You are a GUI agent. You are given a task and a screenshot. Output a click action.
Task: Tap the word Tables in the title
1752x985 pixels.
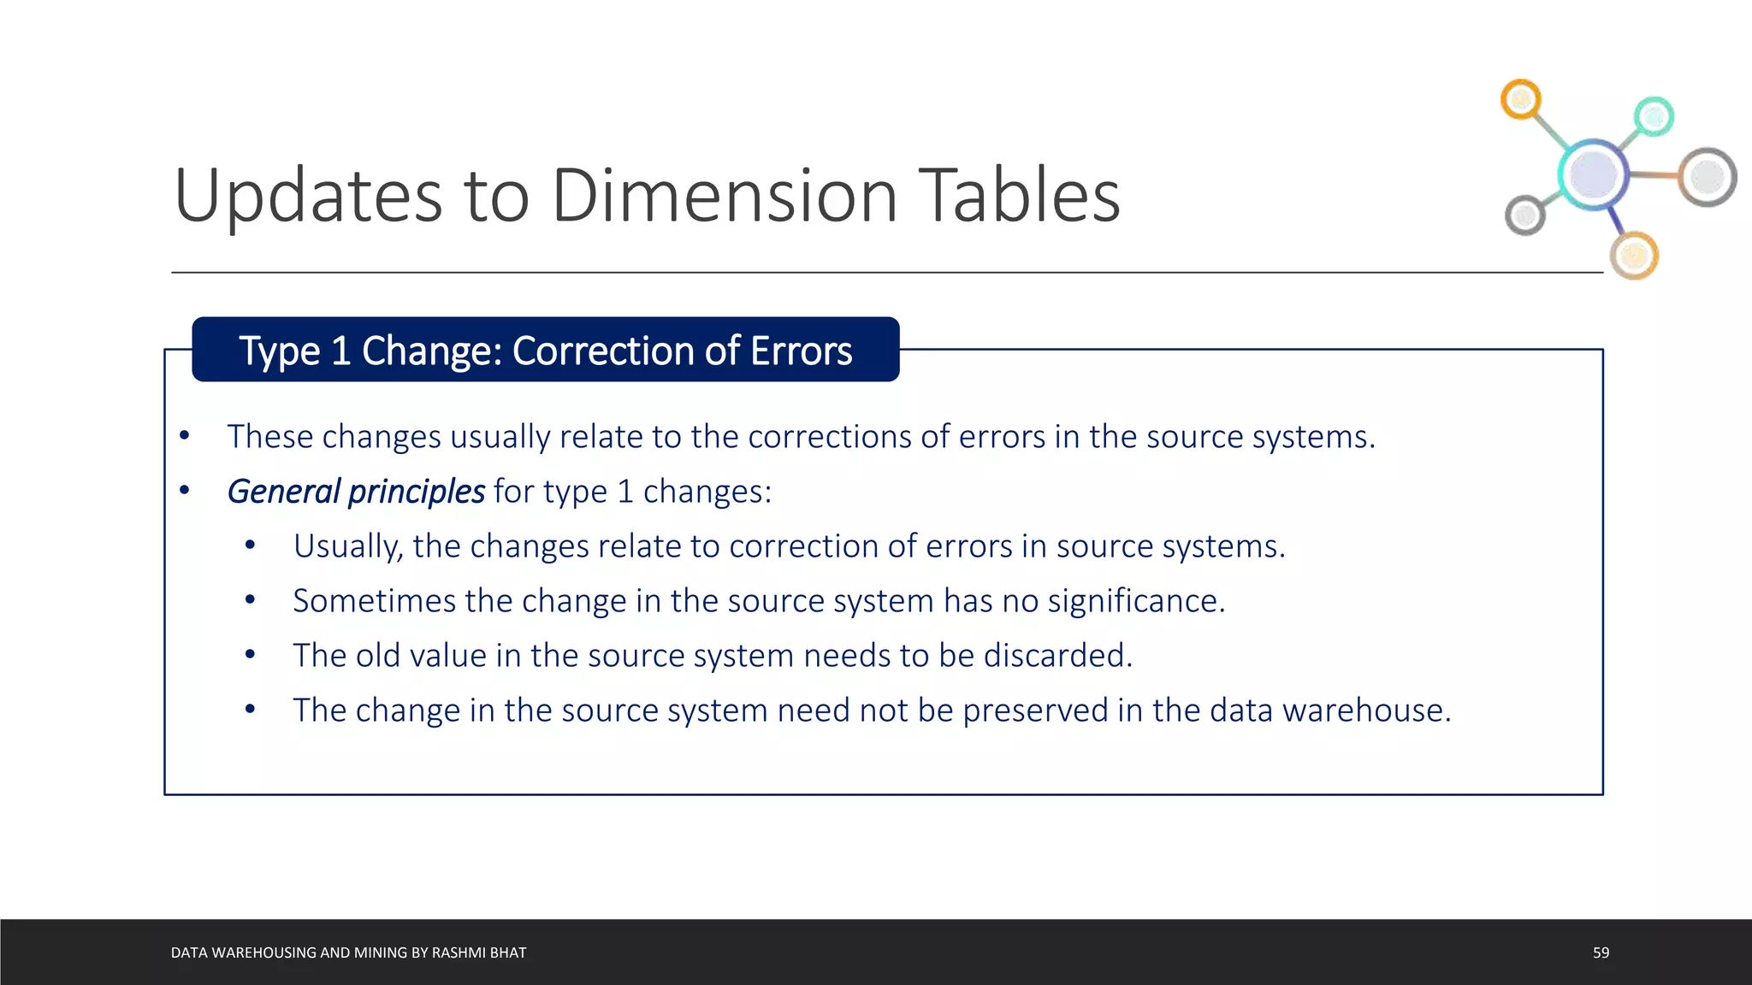1019,196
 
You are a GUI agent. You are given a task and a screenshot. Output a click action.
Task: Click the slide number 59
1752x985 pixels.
1601,953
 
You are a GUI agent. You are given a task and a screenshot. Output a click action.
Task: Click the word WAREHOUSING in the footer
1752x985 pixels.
263,953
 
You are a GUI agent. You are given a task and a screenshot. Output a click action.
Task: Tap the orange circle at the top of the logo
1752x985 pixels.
1521,100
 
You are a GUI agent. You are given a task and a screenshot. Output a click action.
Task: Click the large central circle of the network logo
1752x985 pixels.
1593,174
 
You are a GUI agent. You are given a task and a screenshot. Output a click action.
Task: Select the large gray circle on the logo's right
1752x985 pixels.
1708,177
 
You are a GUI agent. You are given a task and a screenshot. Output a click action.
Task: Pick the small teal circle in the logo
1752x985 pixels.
1654,116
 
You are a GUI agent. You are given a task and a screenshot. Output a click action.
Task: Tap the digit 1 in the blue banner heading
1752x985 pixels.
340,351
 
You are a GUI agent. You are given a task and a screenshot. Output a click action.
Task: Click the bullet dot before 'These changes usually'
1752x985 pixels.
184,436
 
